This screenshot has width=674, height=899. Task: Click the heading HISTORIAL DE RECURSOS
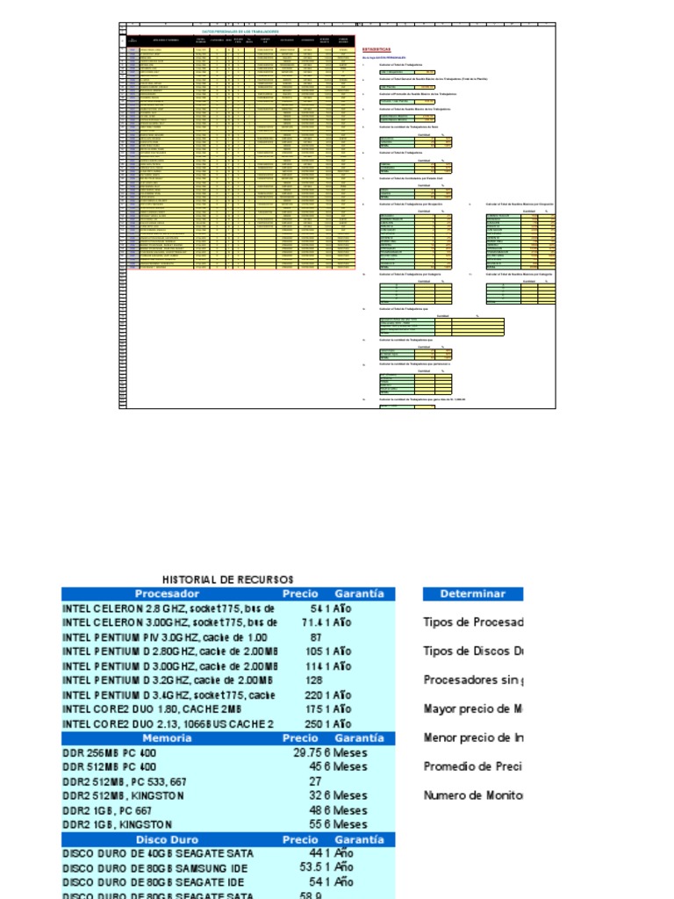tap(228, 579)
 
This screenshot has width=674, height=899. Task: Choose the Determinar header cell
tap(473, 593)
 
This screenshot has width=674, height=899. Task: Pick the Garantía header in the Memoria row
tap(359, 738)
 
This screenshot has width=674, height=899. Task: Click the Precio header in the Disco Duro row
tap(300, 839)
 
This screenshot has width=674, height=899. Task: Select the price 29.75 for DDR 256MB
tap(306, 752)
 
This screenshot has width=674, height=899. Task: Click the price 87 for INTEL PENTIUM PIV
tap(316, 636)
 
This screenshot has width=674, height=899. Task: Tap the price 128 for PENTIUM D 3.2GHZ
tap(312, 680)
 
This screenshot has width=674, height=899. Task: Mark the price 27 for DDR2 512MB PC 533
tap(315, 781)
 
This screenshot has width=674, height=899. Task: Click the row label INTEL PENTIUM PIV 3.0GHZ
tap(164, 636)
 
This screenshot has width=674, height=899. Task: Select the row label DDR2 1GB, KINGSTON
tap(124, 824)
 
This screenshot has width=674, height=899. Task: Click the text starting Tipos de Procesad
tap(473, 622)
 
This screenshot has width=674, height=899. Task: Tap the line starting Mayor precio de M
tap(473, 709)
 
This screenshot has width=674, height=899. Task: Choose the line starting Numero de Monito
tap(473, 795)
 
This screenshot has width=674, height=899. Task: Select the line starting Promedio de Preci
tap(473, 766)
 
